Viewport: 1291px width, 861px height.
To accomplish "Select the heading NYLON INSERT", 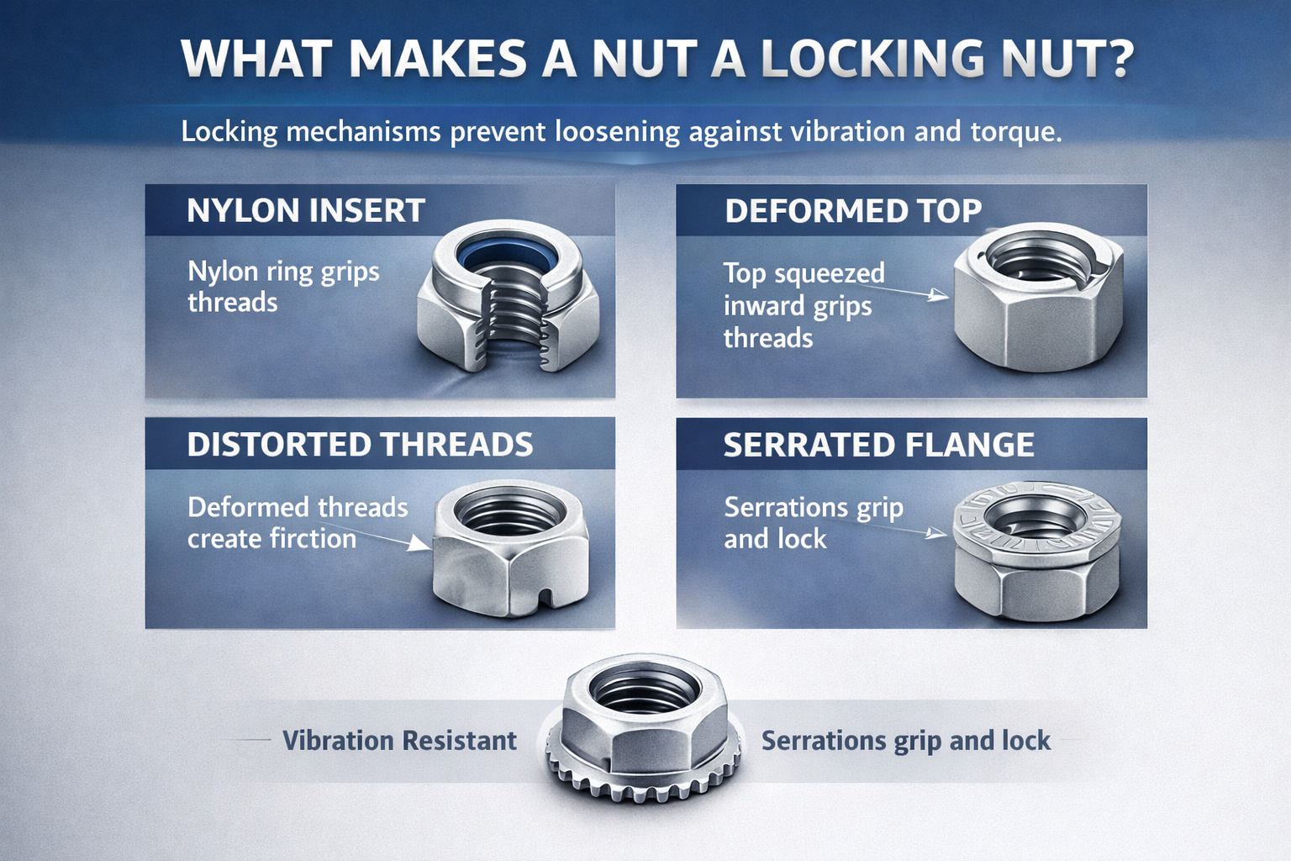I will pos(306,210).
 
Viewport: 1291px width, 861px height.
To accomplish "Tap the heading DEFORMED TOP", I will pos(853,210).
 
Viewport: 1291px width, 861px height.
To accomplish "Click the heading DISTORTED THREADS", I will pos(360,444).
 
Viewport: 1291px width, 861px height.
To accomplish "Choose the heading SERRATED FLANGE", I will pos(878,444).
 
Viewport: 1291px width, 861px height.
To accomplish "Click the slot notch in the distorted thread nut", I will pos(547,598).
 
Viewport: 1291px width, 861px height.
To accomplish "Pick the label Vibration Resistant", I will pos(399,740).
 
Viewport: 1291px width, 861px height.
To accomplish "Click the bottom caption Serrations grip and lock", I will pos(905,740).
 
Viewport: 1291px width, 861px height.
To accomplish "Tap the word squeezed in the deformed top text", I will pos(829,273).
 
